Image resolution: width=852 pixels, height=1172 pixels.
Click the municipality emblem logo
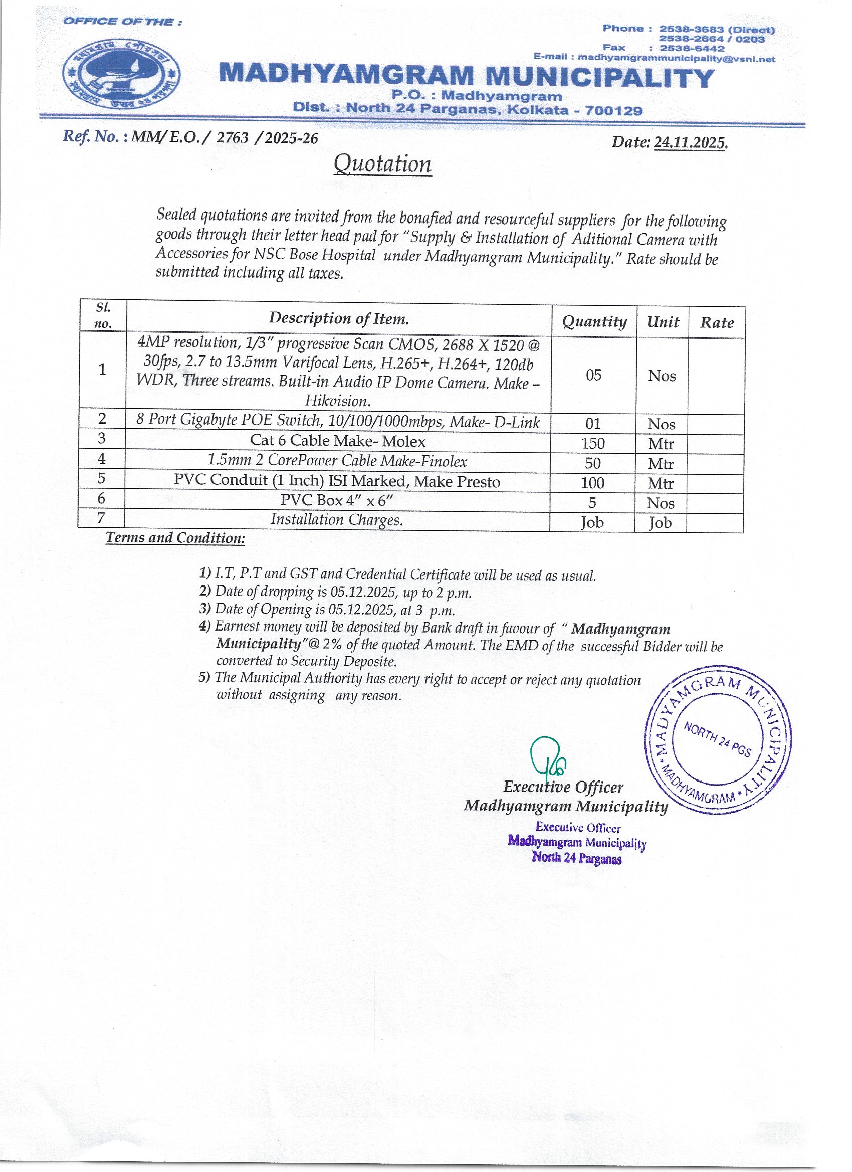tap(122, 73)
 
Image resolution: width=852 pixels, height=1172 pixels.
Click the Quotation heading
tap(382, 164)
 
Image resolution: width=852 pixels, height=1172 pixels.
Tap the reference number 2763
tap(232, 137)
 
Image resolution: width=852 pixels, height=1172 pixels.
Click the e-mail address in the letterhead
tap(676, 58)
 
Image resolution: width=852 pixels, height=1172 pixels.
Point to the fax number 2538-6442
tap(692, 49)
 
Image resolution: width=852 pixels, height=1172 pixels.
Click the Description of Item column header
tap(338, 318)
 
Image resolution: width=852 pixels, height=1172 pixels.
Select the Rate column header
tap(717, 323)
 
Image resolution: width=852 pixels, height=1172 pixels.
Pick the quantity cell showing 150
tap(592, 443)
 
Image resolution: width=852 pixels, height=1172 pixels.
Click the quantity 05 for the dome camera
tap(594, 375)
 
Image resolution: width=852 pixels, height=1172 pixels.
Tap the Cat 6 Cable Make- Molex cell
tap(337, 440)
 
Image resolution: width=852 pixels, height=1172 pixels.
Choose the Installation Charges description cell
tap(336, 519)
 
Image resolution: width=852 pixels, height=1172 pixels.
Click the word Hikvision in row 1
tap(337, 401)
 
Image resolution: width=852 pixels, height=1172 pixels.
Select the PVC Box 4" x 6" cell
tap(337, 500)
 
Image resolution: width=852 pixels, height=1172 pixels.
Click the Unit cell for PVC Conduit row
tap(661, 483)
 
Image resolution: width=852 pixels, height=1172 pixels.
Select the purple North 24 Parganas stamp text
tap(577, 857)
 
